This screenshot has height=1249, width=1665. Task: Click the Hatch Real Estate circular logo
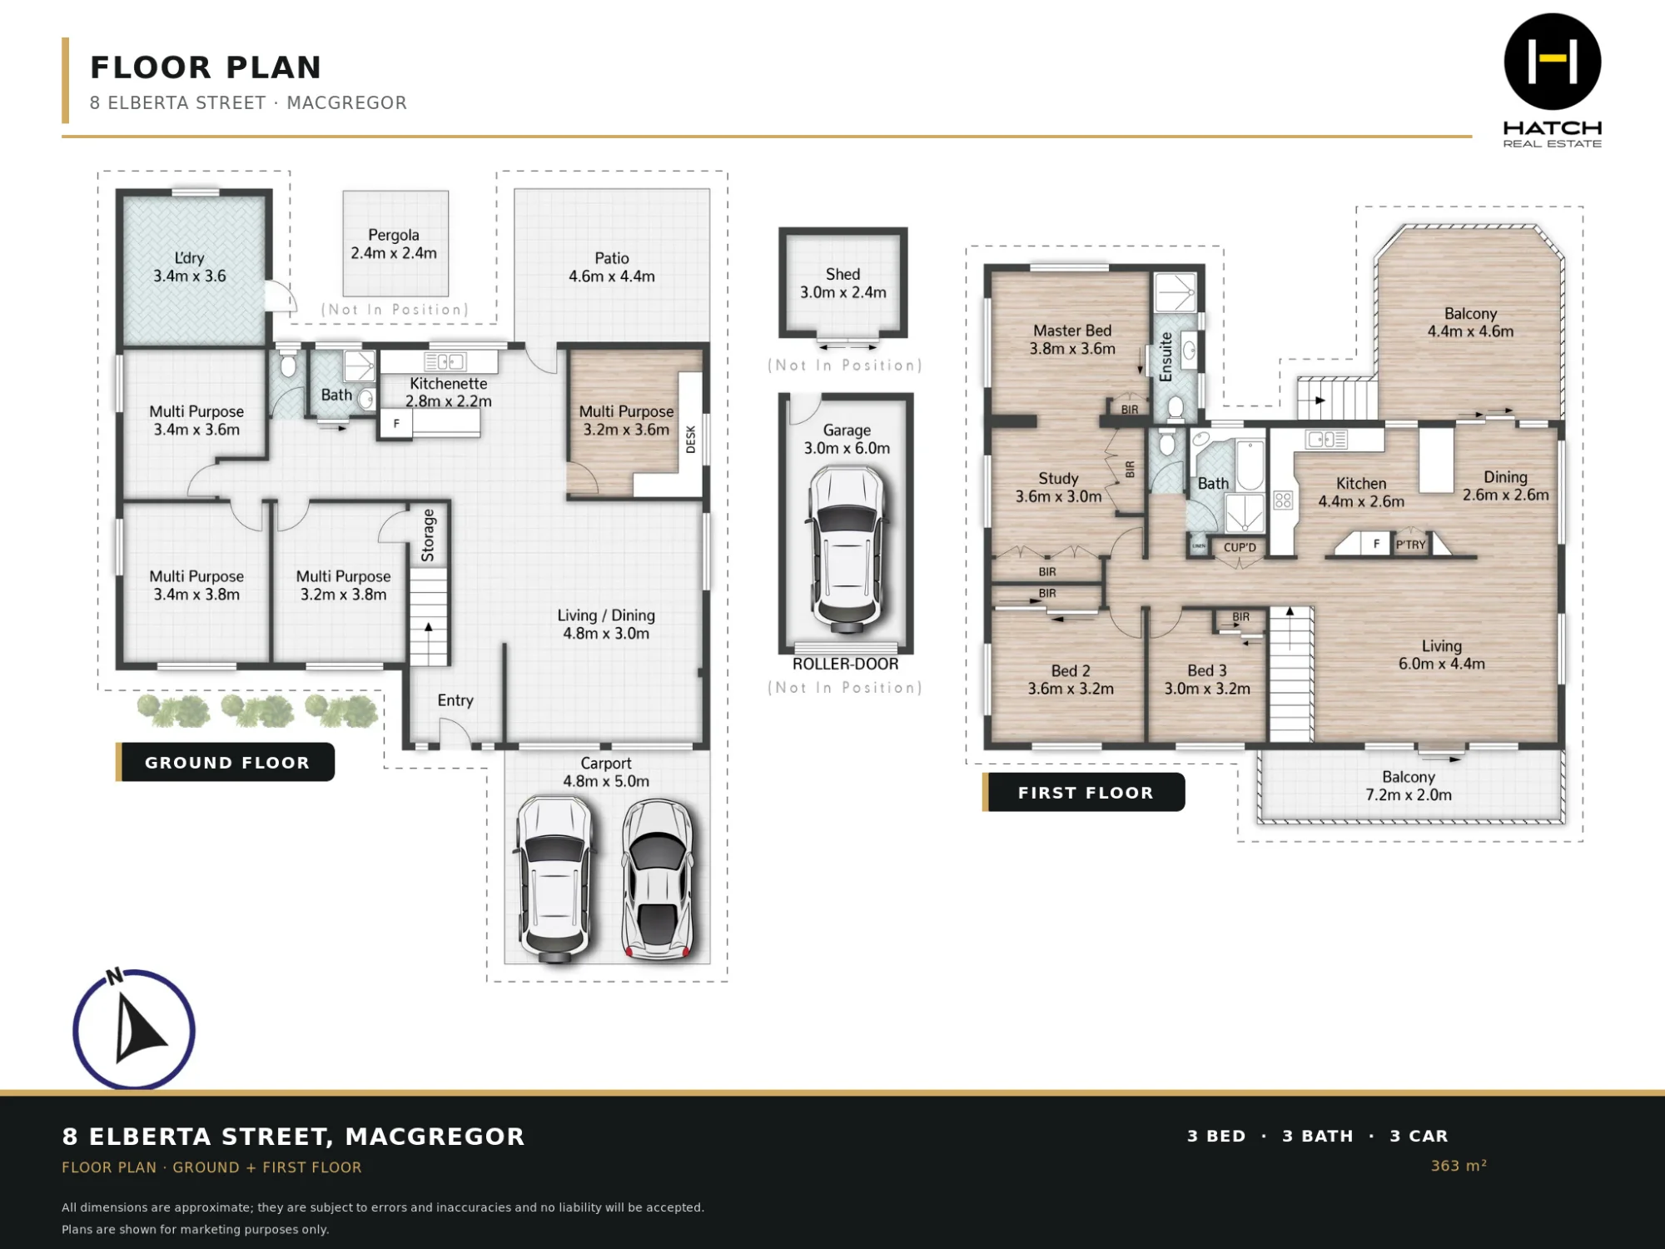(x=1553, y=62)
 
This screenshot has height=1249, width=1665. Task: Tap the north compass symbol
(x=134, y=1029)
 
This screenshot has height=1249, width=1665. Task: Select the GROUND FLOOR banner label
(x=226, y=762)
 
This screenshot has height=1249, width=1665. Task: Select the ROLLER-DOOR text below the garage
(x=845, y=664)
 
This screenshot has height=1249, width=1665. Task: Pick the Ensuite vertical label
(x=1165, y=357)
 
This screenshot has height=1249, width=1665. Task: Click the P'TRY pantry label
(x=1410, y=545)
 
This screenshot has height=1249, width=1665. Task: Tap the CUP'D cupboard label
(x=1240, y=547)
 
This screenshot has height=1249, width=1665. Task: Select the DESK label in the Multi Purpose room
(x=690, y=439)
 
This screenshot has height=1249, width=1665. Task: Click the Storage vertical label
(x=428, y=535)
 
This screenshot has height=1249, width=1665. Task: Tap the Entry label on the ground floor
(x=455, y=700)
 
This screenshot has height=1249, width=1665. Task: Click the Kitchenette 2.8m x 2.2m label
(x=449, y=392)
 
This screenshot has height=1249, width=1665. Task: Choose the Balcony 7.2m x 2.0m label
(x=1409, y=785)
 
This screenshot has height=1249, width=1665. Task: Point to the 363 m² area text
(x=1459, y=1165)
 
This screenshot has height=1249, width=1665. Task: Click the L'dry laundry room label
(x=190, y=266)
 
